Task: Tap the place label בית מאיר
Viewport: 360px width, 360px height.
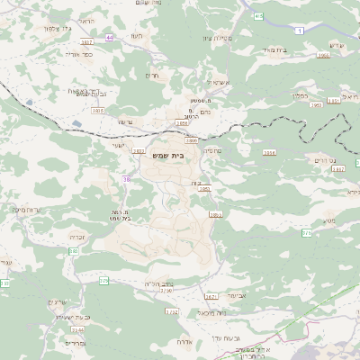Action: [283, 50]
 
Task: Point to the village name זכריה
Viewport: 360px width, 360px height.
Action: [76, 238]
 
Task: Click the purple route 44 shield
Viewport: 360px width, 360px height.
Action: [109, 37]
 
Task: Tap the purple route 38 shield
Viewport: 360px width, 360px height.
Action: [126, 180]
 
